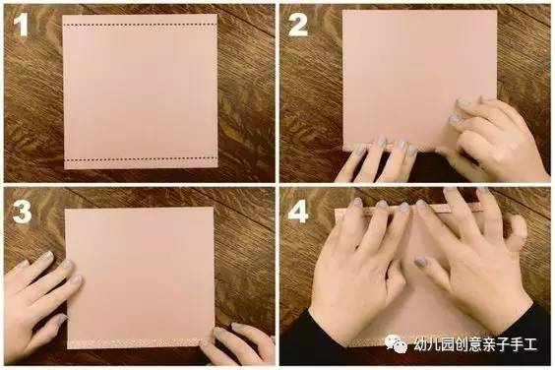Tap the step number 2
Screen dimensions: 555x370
[298, 25]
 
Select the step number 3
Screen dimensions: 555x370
[22, 213]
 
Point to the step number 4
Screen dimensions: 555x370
[298, 213]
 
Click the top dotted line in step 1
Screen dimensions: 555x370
[140, 25]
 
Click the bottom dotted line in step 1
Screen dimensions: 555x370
[141, 158]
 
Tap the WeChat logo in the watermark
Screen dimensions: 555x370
[396, 343]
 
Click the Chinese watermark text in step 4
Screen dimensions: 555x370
[475, 344]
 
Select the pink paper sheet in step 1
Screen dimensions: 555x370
[140, 92]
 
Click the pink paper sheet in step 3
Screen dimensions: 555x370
[140, 277]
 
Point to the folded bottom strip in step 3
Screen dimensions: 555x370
[138, 343]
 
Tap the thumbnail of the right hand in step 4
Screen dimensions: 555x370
[420, 263]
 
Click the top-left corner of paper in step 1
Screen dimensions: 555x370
[63, 15]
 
